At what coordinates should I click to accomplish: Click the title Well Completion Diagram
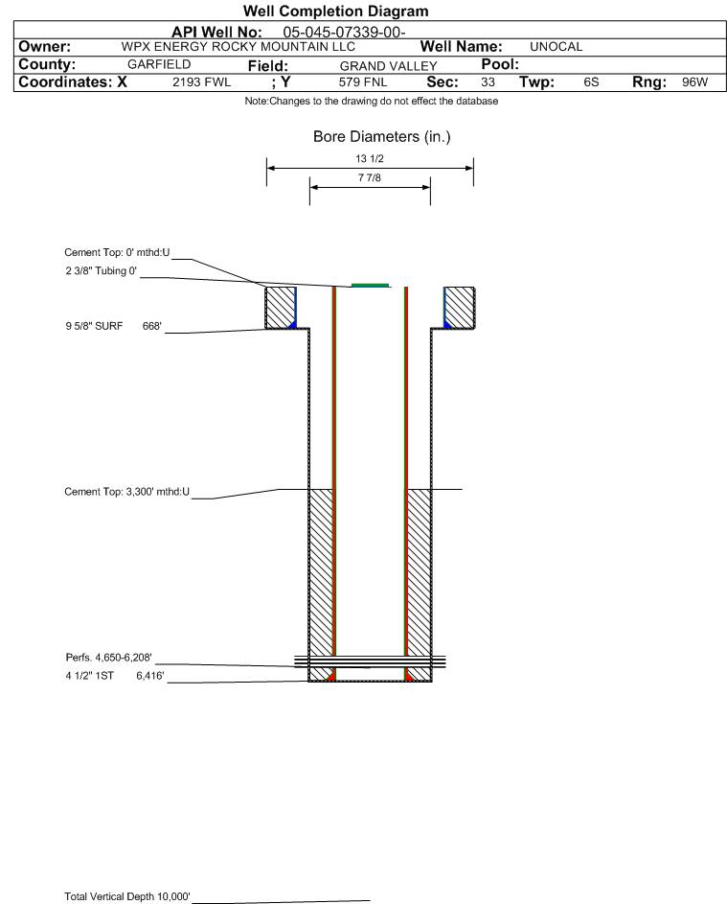coord(335,12)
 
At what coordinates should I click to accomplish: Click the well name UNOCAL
coord(557,46)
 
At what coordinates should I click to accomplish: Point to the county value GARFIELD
coord(159,64)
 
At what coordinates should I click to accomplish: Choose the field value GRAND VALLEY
coord(388,65)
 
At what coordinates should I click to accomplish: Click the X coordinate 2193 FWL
coord(201,82)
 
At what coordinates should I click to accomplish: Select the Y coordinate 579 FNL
coord(362,82)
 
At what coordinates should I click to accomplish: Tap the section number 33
coord(488,82)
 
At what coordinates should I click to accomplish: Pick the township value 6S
coord(591,82)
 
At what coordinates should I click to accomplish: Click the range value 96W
coord(694,82)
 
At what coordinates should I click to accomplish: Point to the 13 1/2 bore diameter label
coord(370,159)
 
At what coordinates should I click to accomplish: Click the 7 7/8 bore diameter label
coord(370,178)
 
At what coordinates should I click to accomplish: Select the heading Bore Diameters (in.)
coord(381,137)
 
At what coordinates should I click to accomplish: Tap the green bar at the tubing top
coord(371,285)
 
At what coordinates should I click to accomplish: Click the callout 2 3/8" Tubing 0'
coord(96,271)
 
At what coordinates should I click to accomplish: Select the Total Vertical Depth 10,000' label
coord(127,896)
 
